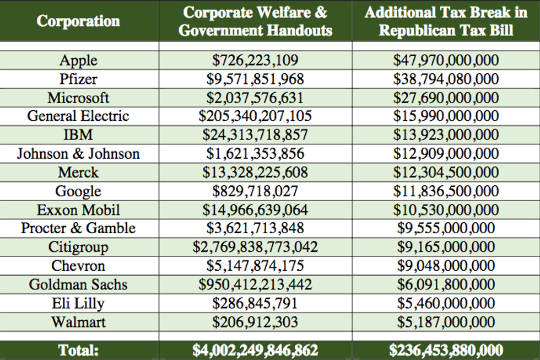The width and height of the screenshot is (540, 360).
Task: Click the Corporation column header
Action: (78, 22)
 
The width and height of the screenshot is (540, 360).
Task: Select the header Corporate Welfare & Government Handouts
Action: (255, 22)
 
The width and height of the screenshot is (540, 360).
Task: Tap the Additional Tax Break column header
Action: (446, 22)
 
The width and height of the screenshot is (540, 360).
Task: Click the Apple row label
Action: (78, 61)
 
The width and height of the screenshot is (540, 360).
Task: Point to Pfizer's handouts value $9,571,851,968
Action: (255, 79)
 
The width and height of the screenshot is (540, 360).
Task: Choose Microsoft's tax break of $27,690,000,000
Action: (446, 98)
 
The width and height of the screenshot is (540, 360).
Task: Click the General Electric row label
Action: (78, 116)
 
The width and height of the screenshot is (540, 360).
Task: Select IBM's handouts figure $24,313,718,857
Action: (255, 135)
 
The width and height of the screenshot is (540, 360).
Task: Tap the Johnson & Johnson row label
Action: (78, 154)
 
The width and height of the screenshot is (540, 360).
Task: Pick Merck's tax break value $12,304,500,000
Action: (446, 173)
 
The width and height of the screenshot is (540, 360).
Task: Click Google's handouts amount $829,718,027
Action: (255, 191)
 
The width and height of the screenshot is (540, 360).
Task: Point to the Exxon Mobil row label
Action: (78, 210)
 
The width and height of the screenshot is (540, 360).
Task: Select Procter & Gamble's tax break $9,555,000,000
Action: (446, 228)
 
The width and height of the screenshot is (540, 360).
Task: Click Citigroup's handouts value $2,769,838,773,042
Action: (255, 247)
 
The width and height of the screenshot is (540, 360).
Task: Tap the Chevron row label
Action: (78, 266)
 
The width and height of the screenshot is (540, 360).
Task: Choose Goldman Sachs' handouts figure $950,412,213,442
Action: (255, 284)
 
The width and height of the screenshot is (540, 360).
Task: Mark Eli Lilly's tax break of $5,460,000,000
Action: (446, 303)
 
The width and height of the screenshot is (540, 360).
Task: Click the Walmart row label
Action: (78, 321)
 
